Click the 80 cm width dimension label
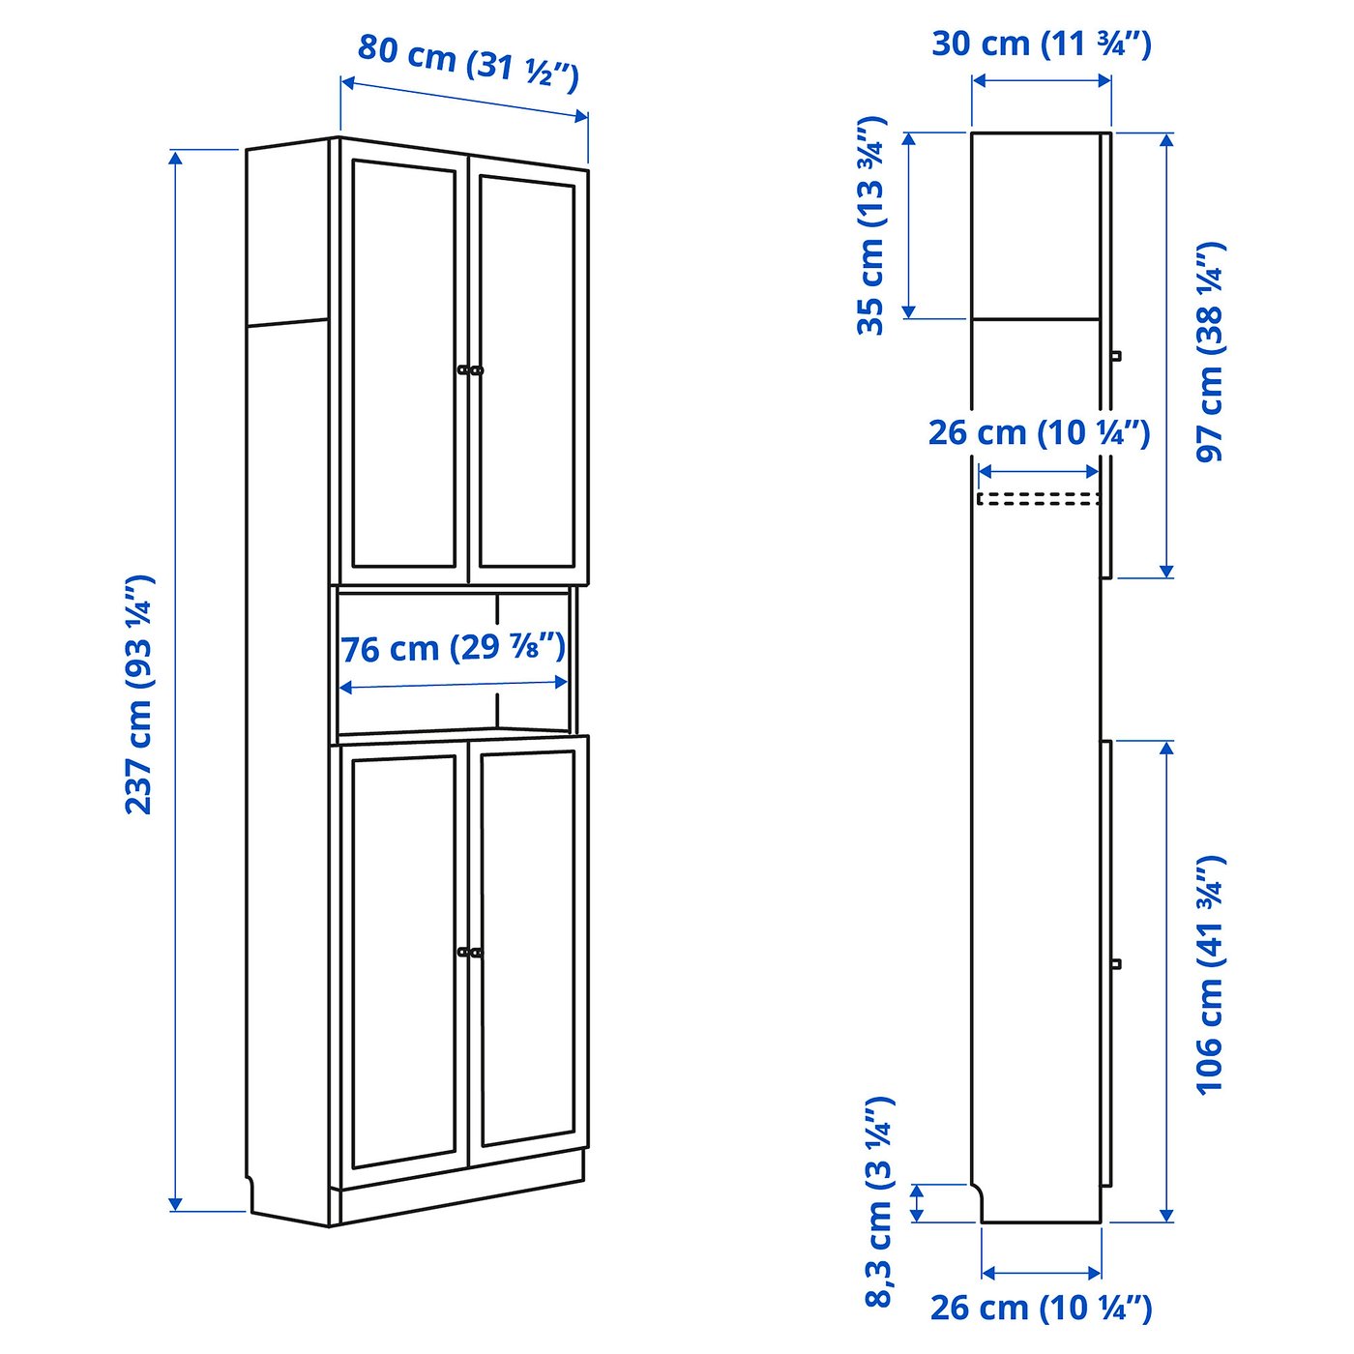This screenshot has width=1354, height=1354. [x=468, y=61]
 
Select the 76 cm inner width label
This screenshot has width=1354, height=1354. [x=453, y=647]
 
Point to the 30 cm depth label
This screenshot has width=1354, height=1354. [x=1042, y=44]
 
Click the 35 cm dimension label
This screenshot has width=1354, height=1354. [x=871, y=225]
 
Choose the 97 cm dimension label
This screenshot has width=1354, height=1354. [x=1210, y=352]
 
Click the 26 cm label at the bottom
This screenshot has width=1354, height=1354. [x=1041, y=1308]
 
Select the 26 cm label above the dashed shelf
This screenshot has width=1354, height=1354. [x=1039, y=433]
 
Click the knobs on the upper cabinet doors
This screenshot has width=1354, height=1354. [x=470, y=369]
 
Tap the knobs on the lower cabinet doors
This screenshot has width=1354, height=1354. [x=470, y=953]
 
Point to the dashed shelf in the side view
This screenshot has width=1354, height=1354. [x=1037, y=499]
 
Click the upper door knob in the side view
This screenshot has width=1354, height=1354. [x=1116, y=355]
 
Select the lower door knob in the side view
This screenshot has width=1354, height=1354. [x=1116, y=964]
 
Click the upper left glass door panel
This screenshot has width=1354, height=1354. [x=404, y=366]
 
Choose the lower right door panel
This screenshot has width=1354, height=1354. [x=527, y=948]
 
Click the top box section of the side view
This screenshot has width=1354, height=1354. [x=1036, y=225]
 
